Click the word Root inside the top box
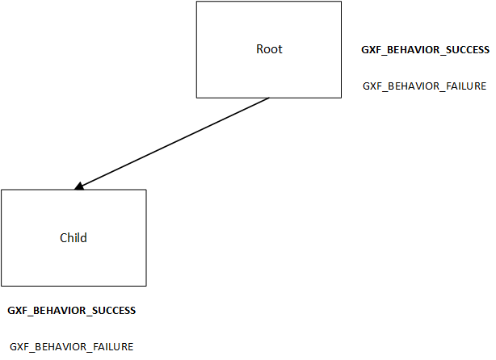pos(270,49)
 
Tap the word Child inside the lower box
pos(74,238)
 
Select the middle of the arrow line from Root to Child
pos(172,144)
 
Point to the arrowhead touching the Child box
pos(78,186)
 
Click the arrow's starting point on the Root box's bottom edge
pos(269,98)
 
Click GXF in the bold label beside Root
pos(371,50)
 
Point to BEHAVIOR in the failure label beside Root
pos(409,86)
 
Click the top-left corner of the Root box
pos(197,2)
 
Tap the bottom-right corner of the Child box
pos(146,286)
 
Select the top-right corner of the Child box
pos(146,190)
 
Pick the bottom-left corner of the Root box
pos(197,98)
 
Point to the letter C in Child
pos(64,238)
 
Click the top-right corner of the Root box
pos(342,2)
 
